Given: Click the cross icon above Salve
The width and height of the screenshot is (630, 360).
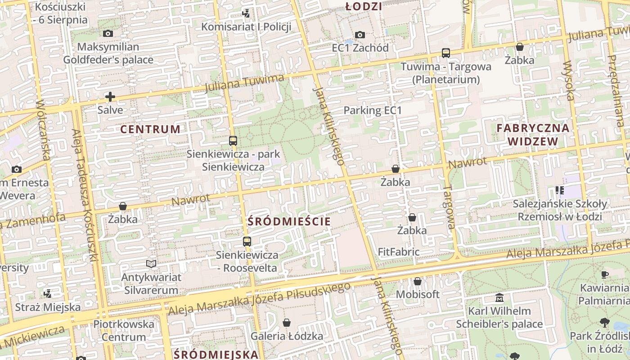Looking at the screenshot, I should pos(110,97).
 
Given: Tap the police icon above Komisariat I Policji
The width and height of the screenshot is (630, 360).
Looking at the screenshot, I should pos(246,13).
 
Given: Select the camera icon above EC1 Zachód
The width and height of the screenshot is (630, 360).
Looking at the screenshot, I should pos(360,35).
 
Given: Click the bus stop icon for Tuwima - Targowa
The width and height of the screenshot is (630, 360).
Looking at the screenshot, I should pos(445,53).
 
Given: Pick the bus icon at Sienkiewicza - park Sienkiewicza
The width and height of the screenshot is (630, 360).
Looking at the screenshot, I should pos(233,141).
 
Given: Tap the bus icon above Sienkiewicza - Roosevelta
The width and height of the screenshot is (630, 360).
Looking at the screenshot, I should pos(247,242).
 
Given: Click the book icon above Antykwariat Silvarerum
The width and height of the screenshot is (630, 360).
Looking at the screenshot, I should pos(151,264).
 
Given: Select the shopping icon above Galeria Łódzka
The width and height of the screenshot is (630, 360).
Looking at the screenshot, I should pos(287,323).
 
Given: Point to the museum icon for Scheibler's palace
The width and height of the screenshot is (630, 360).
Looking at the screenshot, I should pos(499,298).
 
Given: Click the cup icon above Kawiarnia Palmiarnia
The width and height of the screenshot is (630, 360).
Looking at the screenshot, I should pos(604,274).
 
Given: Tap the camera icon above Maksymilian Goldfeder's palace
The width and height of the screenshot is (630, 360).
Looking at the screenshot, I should pos(108,34).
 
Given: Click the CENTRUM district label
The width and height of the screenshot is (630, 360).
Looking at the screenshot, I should pos(150,129).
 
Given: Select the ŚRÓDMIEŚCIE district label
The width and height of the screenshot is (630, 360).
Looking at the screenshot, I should pos(289,221).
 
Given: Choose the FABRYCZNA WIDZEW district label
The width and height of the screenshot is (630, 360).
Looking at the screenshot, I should pos(533,135).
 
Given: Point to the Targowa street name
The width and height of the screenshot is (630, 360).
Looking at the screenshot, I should pos(449,207).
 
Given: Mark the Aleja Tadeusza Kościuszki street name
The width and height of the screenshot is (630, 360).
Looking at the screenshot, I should pos(85,196).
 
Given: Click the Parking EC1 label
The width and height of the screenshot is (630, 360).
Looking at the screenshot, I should pos(373,110).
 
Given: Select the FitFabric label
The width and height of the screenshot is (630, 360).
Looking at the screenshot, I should pos(398,252).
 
